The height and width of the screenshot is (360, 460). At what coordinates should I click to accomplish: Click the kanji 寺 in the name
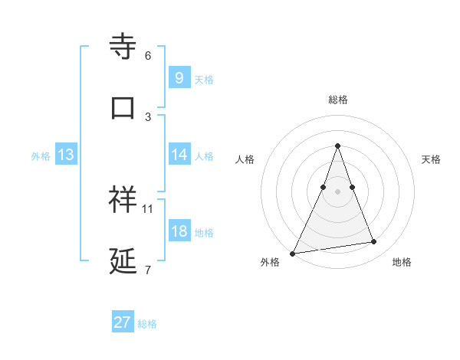(123, 47)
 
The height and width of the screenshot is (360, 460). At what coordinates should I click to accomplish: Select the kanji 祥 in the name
(123, 199)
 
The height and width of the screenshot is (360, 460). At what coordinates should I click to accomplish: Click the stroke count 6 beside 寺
(148, 56)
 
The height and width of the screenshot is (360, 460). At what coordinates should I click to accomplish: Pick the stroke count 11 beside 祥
(148, 208)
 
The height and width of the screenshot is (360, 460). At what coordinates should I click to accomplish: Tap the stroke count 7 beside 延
(148, 270)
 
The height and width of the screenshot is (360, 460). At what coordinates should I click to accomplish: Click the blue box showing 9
(179, 77)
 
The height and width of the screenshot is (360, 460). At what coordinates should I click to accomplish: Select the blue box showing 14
(179, 155)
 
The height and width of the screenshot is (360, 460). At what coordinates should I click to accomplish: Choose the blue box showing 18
(179, 231)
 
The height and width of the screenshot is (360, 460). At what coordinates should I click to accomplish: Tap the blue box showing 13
(65, 155)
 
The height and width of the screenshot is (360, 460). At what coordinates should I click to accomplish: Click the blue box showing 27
(123, 322)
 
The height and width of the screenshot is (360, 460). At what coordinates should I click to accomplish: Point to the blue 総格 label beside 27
(147, 324)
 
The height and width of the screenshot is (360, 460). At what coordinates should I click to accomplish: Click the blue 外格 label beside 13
(41, 156)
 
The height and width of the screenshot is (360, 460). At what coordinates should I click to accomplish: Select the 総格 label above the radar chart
(338, 100)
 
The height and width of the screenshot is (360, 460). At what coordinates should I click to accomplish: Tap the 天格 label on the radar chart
(432, 159)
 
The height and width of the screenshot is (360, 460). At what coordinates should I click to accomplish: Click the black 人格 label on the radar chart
(245, 159)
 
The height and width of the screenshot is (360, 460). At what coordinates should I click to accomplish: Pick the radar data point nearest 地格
(374, 242)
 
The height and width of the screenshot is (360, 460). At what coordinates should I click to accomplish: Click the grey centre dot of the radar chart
(337, 191)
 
